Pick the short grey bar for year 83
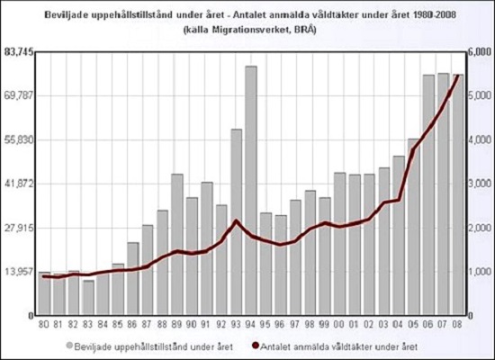(x=88, y=298)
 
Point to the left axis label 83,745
(x=19, y=52)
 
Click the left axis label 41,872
(x=19, y=184)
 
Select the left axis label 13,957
(x=19, y=271)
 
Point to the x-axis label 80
(x=44, y=324)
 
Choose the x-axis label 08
(x=458, y=324)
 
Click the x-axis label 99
(x=325, y=324)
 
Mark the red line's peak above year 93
(x=236, y=220)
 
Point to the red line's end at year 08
(x=458, y=76)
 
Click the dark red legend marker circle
(x=256, y=345)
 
